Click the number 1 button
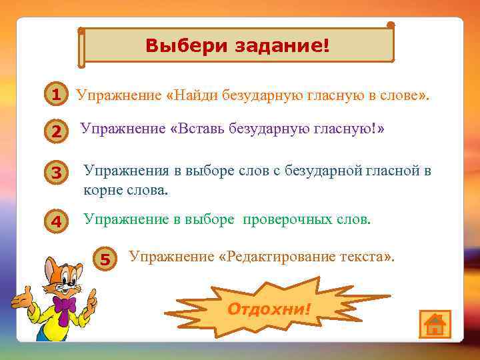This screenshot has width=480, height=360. (x=57, y=95)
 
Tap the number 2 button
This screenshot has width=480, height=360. (x=57, y=133)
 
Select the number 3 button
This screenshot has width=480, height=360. (x=57, y=173)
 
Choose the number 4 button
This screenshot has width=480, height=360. (x=57, y=222)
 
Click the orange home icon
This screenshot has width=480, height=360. (x=435, y=324)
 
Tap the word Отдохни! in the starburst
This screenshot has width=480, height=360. (x=269, y=309)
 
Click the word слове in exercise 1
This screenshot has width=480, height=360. (x=399, y=95)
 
